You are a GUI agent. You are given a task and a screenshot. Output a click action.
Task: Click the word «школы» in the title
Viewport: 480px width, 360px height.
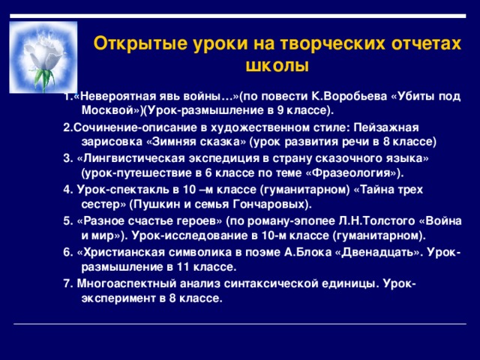pos(277,65)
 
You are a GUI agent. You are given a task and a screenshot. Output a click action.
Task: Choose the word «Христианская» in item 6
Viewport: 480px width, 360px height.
pos(121,252)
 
